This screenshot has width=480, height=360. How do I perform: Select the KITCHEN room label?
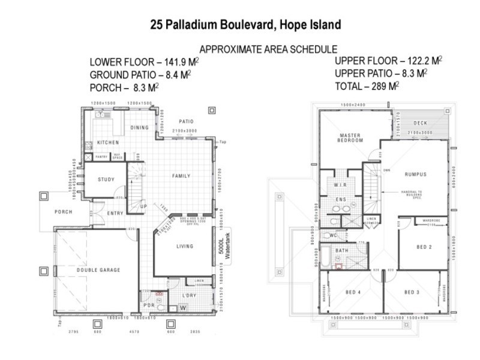(108, 143)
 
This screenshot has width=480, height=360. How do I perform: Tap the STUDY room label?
(106, 179)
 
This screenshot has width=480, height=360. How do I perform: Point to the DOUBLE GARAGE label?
(98, 270)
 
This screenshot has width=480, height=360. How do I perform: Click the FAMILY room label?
(181, 176)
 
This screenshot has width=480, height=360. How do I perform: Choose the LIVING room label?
(185, 246)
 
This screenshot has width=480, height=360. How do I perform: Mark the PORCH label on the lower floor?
(63, 212)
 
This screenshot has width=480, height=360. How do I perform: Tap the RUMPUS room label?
(415, 175)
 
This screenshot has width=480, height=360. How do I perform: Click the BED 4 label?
(354, 292)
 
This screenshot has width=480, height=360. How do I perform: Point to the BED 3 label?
(412, 292)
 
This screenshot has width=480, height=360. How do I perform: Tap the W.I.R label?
(340, 185)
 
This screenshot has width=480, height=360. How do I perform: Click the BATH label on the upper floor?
(342, 250)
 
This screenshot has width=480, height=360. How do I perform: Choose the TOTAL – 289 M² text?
(367, 86)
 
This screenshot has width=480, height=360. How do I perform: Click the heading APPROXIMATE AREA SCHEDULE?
(268, 49)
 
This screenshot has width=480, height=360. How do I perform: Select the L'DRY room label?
(189, 295)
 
